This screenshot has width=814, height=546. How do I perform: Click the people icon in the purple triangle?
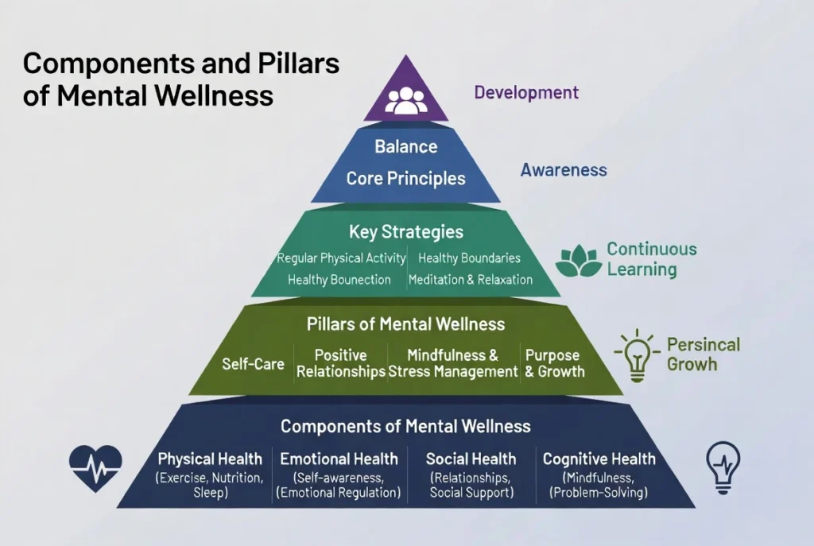coord(405,99)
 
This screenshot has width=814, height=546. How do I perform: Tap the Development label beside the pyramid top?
coord(526,92)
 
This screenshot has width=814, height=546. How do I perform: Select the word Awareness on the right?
coord(564,170)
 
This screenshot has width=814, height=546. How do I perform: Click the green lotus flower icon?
coord(577,261)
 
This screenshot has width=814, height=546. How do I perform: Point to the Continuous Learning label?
coord(652,259)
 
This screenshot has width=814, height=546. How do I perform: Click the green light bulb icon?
coord(637,355)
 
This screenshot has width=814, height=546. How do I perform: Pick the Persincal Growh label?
coord(703,354)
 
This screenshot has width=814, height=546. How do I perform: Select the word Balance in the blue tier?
coord(405,147)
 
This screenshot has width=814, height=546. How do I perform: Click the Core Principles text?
coord(405,178)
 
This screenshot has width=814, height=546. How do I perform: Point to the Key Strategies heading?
coord(405,232)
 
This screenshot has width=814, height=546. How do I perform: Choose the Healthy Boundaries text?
coord(469,258)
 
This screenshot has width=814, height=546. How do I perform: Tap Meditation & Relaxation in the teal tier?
coord(470,280)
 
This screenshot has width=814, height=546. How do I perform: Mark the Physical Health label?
coord(210,459)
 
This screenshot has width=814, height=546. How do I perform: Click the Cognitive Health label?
coord(599,459)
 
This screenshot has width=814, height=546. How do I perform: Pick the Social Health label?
coord(471,459)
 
